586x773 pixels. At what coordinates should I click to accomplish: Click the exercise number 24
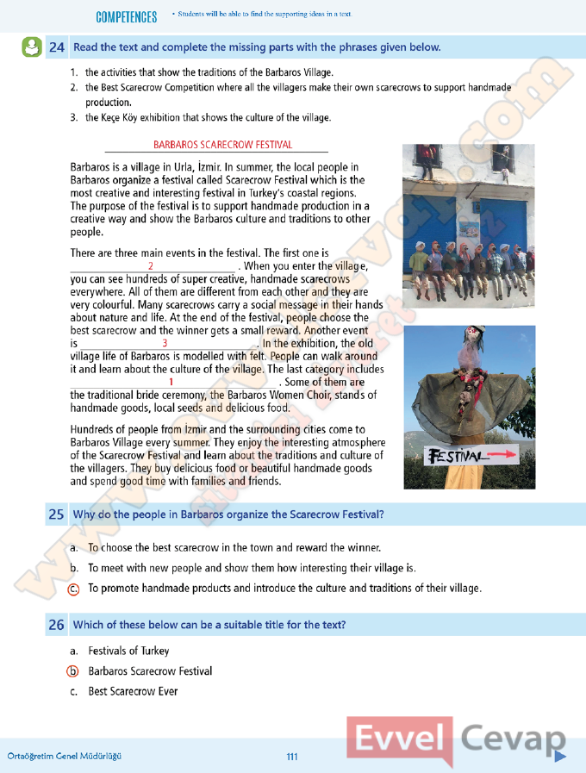[57, 47]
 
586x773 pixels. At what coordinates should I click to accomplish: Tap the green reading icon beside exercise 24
[31, 47]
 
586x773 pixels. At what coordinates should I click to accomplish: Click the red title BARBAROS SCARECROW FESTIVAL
[222, 145]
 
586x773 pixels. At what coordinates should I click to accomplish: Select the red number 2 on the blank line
[151, 266]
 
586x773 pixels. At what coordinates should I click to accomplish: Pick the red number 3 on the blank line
[165, 343]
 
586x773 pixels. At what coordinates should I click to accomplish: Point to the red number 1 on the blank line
[172, 382]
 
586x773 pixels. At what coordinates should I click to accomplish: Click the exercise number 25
[57, 514]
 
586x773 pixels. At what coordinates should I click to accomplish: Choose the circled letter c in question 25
[74, 589]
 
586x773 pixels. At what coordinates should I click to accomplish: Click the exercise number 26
[57, 625]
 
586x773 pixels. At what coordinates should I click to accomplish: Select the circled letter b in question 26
[74, 671]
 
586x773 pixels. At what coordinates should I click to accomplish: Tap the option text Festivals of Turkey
[128, 651]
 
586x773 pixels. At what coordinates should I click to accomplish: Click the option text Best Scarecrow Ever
[133, 691]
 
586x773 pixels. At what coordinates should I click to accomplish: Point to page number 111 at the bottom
[292, 757]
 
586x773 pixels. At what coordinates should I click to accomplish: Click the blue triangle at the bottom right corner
[559, 757]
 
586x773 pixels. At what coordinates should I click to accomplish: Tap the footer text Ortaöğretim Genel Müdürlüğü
[64, 757]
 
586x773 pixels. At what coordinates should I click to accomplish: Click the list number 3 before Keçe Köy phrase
[74, 117]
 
